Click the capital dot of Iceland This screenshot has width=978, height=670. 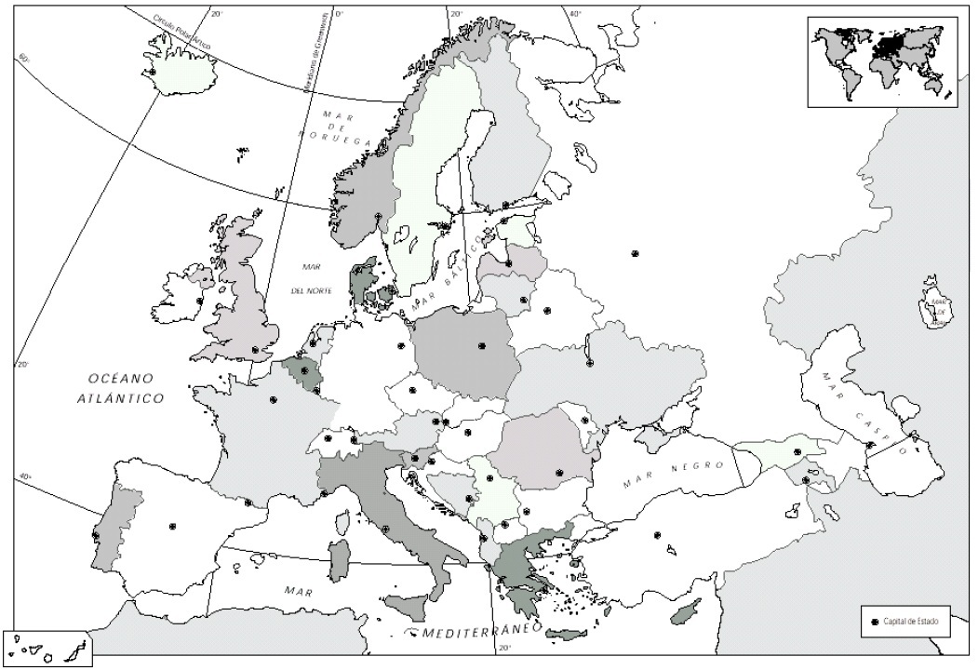pyautogui.click(x=152, y=71)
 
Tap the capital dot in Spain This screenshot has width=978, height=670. pyautogui.click(x=172, y=527)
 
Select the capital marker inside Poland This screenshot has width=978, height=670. pyautogui.click(x=482, y=346)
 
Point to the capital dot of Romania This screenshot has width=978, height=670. pyautogui.click(x=560, y=473)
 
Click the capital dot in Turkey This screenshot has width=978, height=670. pyautogui.click(x=657, y=535)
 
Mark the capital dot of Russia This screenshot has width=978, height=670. pyautogui.click(x=635, y=252)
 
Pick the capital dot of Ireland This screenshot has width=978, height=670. pyautogui.click(x=200, y=301)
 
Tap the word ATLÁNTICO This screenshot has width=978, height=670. pyautogui.click(x=120, y=397)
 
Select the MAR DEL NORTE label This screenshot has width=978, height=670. pyautogui.click(x=310, y=278)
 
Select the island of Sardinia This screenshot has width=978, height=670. pyautogui.click(x=341, y=559)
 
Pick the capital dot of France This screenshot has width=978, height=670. pyautogui.click(x=273, y=399)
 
